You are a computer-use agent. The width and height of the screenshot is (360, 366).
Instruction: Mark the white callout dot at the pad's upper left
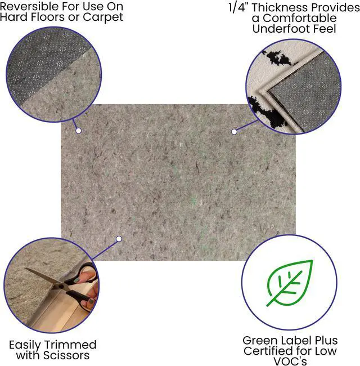click(79, 131)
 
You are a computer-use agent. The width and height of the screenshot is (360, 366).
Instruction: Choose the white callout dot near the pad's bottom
click(119, 239)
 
